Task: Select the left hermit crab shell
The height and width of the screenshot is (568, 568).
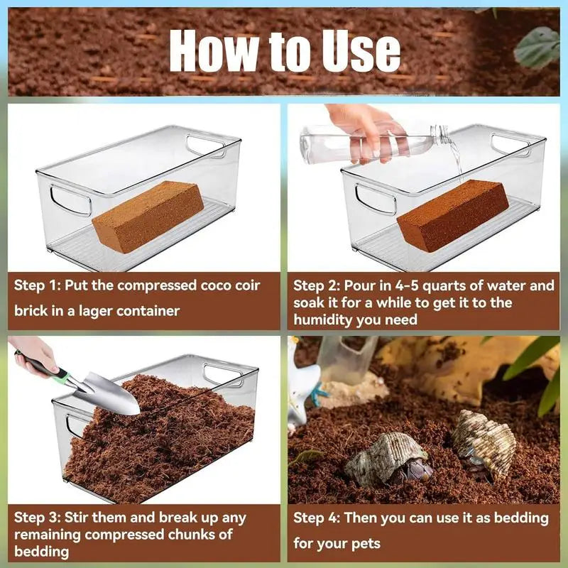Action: pos(387,458)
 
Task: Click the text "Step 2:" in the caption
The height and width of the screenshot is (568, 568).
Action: pos(317,285)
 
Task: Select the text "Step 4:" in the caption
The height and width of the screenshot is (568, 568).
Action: pos(317,518)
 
